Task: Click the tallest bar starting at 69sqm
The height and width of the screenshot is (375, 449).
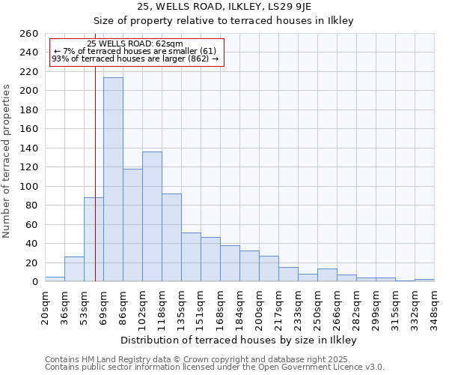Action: [x=113, y=180]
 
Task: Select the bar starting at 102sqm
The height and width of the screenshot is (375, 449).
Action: [x=152, y=217]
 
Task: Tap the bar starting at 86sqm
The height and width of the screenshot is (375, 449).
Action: [x=132, y=225]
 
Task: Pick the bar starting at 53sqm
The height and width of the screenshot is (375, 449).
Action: [x=94, y=240]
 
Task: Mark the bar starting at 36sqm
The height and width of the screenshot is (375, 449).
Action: [x=74, y=269]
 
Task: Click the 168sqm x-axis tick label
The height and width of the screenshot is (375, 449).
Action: [x=220, y=307]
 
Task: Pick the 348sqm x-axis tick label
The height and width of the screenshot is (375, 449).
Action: [x=434, y=307]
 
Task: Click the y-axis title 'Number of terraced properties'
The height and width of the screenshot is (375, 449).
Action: [x=7, y=161]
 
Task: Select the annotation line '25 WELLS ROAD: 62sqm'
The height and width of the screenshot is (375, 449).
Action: [x=135, y=43]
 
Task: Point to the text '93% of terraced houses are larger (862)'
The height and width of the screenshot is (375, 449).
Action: [x=135, y=58]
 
